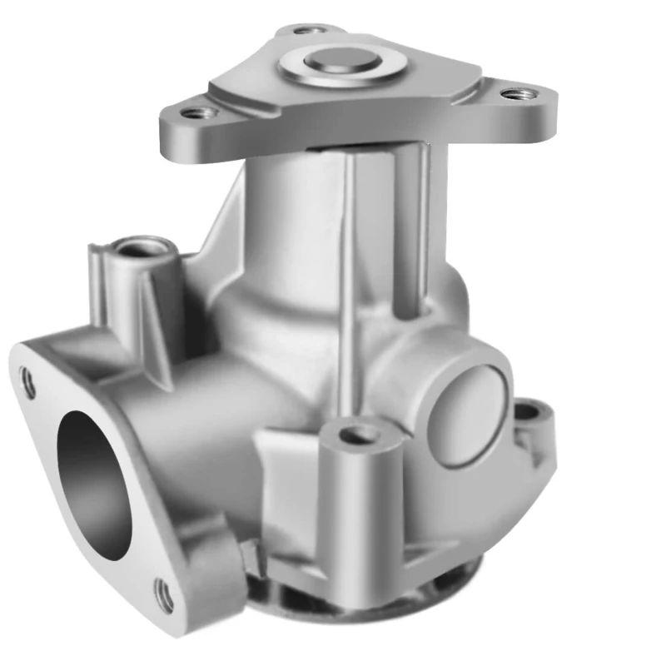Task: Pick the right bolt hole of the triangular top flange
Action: (509, 92)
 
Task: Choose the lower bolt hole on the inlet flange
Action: (165, 594)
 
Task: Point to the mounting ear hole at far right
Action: (525, 410)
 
